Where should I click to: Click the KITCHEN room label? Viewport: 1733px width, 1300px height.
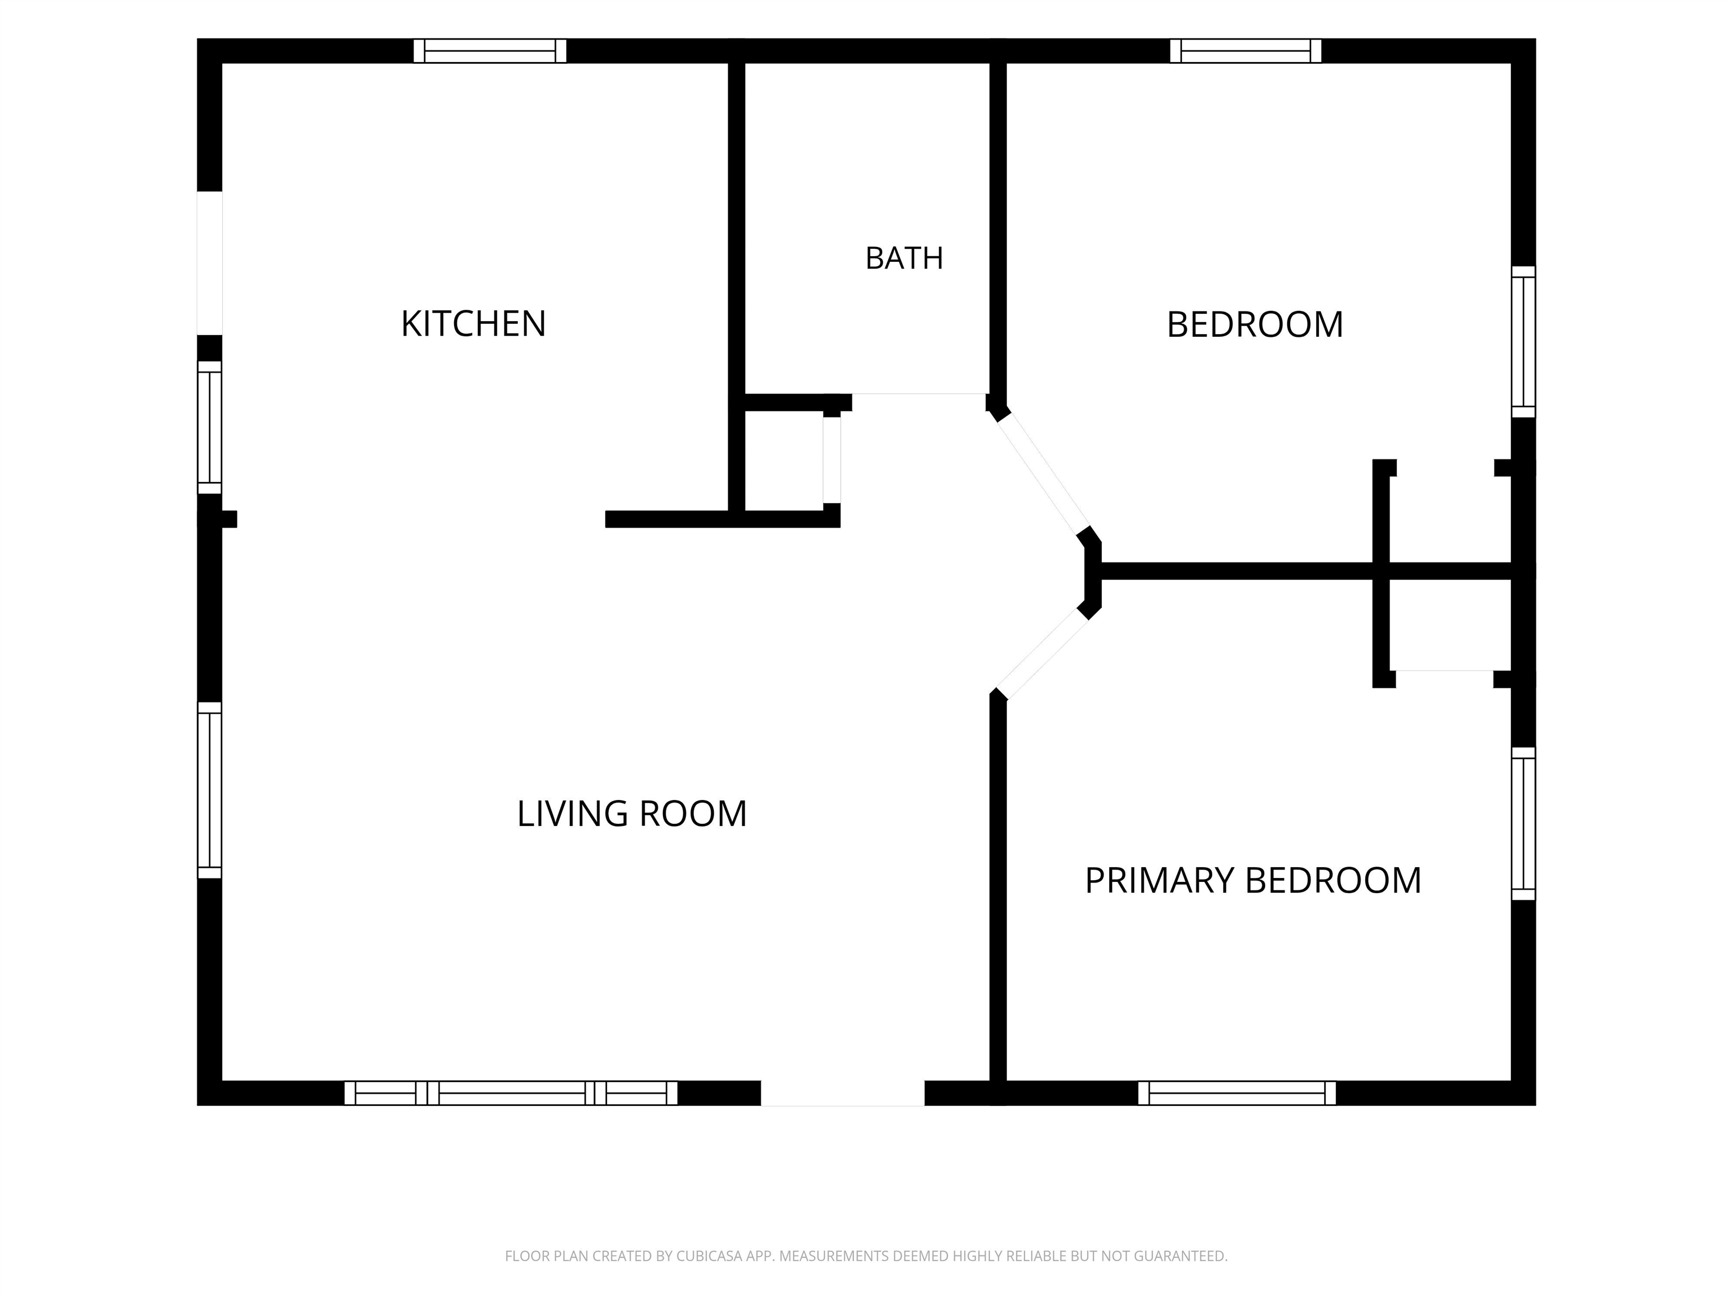(x=473, y=324)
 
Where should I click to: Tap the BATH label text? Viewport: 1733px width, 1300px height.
(x=904, y=258)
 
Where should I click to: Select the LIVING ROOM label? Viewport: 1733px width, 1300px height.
(x=631, y=814)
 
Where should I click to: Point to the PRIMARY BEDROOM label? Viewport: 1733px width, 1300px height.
(x=1253, y=880)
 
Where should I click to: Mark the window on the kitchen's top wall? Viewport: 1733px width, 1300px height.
(x=490, y=51)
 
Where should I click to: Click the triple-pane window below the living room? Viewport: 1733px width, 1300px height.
(x=511, y=1093)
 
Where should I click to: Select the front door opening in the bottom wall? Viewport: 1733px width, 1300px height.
(x=843, y=1093)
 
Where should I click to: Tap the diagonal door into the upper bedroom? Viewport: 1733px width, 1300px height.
(x=1043, y=472)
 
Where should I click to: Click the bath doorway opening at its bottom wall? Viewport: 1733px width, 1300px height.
(x=918, y=394)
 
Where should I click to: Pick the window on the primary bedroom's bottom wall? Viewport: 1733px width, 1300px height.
(x=1237, y=1093)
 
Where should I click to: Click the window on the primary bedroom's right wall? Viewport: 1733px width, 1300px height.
(x=1523, y=824)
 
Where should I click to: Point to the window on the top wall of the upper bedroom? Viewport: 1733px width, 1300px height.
(x=1246, y=51)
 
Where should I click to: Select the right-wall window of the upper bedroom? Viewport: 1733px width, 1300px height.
(x=1523, y=342)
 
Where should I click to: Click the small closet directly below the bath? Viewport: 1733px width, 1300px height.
(x=784, y=460)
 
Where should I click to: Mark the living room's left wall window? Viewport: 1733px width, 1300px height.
(x=210, y=790)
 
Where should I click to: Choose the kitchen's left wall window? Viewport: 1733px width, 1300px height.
(x=210, y=427)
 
